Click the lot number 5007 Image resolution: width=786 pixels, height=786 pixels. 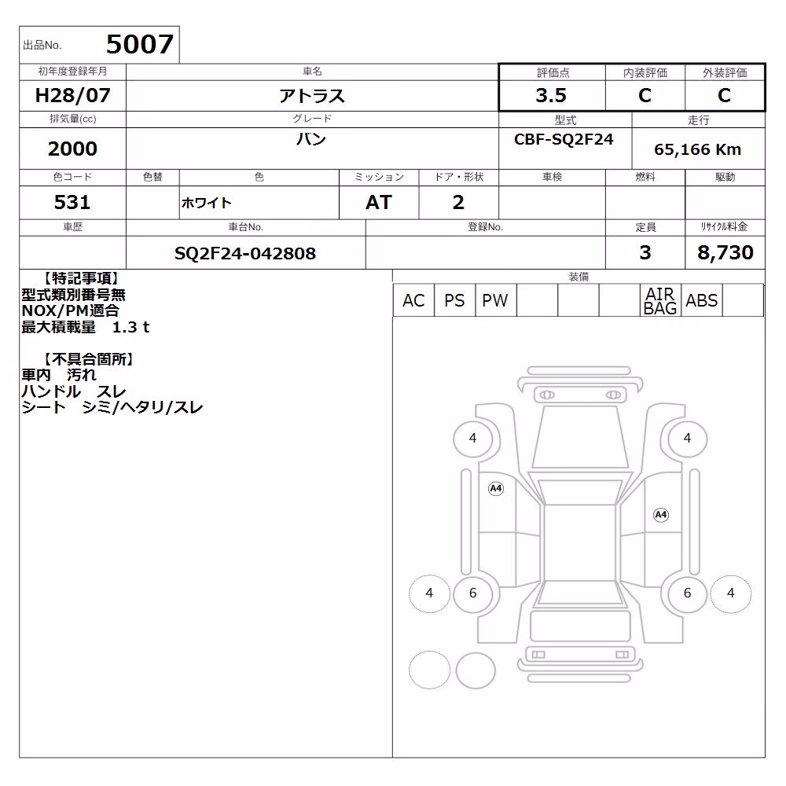[140, 44]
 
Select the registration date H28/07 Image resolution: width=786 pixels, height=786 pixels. [72, 95]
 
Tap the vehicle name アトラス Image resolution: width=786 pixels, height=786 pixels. [312, 96]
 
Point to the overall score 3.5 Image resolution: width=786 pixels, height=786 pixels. [551, 95]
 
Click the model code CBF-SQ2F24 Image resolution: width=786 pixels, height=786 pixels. [564, 139]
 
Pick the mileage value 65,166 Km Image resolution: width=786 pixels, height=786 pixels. [697, 149]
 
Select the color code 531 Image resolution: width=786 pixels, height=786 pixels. [72, 202]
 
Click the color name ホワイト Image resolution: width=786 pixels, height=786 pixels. [206, 203]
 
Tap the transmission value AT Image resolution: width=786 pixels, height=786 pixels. [379, 203]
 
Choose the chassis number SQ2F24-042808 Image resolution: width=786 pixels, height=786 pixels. [245, 254]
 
